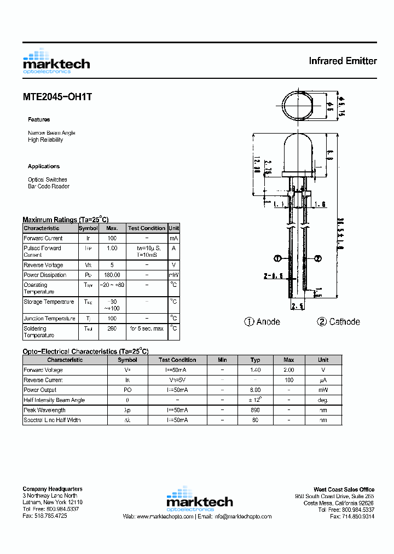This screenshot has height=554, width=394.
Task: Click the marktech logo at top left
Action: click(56, 61)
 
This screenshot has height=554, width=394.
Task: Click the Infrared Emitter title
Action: click(343, 61)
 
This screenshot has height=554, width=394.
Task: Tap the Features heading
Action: click(39, 119)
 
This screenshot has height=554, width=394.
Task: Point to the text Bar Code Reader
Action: click(49, 186)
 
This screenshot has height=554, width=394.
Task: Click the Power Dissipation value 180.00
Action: click(112, 275)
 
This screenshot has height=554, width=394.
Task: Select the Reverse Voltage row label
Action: click(43, 265)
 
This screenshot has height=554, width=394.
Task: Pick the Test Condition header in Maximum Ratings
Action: click(146, 228)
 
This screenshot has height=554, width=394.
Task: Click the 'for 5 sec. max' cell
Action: click(146, 328)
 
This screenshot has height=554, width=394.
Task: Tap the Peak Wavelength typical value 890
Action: click(255, 409)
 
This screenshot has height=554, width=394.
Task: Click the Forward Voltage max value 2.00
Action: click(289, 370)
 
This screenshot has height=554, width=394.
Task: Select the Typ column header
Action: click(255, 360)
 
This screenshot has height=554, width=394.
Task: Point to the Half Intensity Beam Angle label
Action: click(54, 400)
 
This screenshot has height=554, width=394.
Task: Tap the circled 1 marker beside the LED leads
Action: click(277, 258)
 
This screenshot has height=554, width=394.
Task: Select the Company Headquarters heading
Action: click(53, 489)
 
